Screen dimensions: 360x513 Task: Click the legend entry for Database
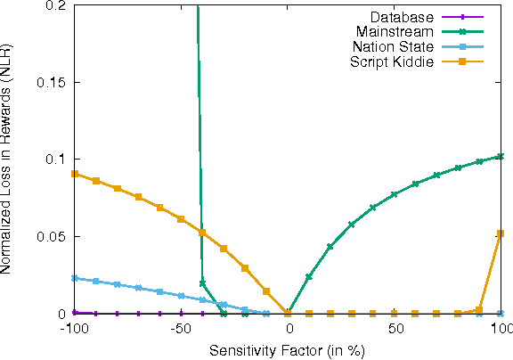click(x=400, y=18)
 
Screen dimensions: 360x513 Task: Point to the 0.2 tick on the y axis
click(x=56, y=5)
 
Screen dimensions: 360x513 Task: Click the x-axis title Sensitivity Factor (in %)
click(x=287, y=349)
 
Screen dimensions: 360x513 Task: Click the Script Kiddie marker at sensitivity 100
click(x=501, y=233)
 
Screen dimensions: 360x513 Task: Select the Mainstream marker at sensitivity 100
click(x=501, y=157)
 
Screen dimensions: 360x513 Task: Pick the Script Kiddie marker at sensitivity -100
click(x=75, y=174)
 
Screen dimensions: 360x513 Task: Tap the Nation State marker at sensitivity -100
click(x=75, y=278)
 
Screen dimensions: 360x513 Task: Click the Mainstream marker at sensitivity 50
click(x=395, y=194)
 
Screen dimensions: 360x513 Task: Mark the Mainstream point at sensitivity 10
click(x=309, y=277)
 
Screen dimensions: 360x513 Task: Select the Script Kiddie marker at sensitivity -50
click(x=181, y=219)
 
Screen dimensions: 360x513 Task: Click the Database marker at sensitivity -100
click(x=75, y=313)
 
